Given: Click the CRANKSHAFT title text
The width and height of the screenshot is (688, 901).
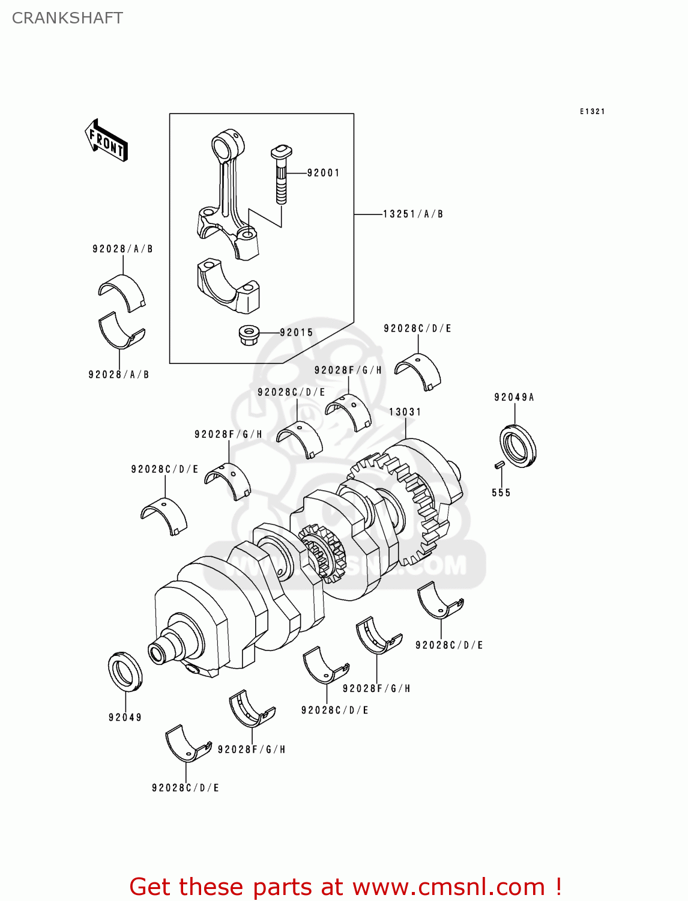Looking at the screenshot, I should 67,18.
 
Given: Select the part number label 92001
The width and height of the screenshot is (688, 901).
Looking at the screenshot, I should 323,173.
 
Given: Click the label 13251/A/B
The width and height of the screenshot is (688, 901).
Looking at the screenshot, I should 413,214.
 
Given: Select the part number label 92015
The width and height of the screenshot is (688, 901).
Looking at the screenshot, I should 297,333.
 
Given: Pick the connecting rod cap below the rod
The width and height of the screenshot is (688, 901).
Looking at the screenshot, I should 228,287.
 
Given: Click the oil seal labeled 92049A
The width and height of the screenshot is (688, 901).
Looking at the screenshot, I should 518,445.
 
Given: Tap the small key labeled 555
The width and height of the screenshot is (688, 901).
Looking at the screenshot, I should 498,464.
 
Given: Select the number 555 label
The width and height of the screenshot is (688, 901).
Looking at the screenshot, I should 501,493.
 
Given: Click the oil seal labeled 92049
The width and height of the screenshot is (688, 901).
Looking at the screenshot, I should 125,671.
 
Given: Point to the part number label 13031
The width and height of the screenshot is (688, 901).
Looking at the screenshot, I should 405,412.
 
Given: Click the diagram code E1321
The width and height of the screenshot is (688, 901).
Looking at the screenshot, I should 592,112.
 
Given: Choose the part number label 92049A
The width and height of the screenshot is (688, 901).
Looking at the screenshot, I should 514,397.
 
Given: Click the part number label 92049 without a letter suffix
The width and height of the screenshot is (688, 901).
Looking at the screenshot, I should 125,717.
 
